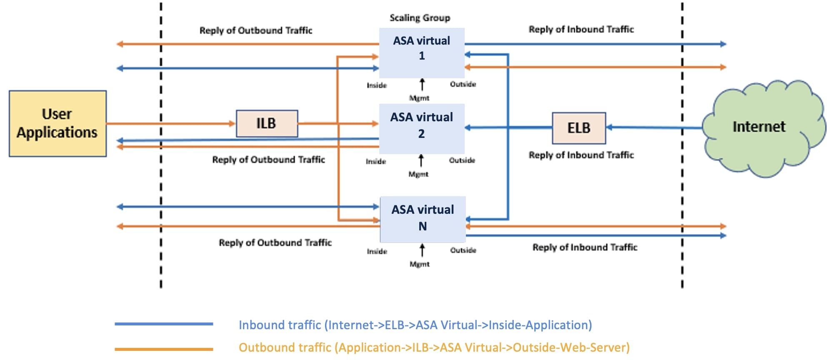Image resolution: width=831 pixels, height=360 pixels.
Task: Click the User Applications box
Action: [x=58, y=124]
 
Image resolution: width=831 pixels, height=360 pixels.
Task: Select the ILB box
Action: [x=267, y=123]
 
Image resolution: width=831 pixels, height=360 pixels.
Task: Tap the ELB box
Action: [x=578, y=128]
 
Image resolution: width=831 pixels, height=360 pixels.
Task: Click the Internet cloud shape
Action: [x=759, y=127]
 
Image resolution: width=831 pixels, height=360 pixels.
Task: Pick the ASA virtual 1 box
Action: [x=421, y=52]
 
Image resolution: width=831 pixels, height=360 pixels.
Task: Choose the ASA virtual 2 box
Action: [x=421, y=128]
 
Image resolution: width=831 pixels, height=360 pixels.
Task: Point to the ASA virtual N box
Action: [x=423, y=219]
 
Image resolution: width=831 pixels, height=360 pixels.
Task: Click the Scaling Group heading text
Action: [x=420, y=18]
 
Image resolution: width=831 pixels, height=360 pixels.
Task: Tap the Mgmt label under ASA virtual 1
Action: [x=419, y=98]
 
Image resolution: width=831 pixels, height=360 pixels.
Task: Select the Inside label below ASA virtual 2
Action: [x=375, y=161]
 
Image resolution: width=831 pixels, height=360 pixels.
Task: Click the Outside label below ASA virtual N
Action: [x=463, y=250]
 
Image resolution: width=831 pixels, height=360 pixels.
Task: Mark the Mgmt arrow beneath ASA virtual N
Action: [x=422, y=250]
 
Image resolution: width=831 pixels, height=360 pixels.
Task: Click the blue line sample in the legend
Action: [x=164, y=324]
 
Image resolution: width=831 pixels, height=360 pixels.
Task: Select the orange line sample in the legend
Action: [x=164, y=349]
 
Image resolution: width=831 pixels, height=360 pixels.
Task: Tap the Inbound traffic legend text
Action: [x=415, y=325]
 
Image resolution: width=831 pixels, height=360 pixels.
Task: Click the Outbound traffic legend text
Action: [x=434, y=347]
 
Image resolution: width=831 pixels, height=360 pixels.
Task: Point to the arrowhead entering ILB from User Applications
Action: [x=233, y=123]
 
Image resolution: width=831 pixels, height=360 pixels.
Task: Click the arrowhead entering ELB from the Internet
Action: [x=609, y=127]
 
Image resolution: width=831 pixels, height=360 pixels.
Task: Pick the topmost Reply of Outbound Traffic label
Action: [x=255, y=30]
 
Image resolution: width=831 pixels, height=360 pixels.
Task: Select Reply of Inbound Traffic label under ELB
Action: [x=581, y=155]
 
